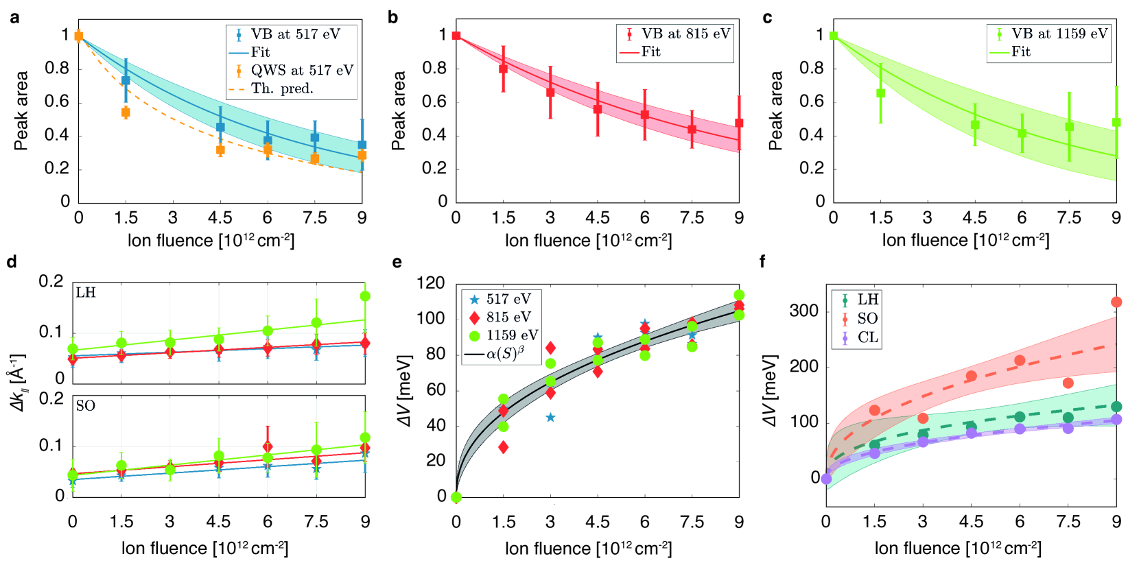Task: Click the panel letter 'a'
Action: [14, 18]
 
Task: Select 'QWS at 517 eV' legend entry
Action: [302, 70]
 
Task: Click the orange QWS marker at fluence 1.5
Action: [126, 112]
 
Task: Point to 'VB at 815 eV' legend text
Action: [685, 34]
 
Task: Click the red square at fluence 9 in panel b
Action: [739, 123]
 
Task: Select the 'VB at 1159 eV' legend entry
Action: [1059, 34]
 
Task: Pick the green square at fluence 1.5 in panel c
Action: [880, 93]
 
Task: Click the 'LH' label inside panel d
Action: [86, 293]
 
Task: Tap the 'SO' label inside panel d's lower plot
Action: [86, 406]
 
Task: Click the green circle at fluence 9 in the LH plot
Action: [365, 296]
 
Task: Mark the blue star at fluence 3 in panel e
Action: [550, 418]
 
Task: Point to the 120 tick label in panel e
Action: [431, 283]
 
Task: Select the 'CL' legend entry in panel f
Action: [867, 337]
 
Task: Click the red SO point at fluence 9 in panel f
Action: [1116, 302]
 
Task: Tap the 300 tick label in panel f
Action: [804, 311]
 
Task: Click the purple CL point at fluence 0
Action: [826, 479]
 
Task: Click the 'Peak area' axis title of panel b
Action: [399, 110]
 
